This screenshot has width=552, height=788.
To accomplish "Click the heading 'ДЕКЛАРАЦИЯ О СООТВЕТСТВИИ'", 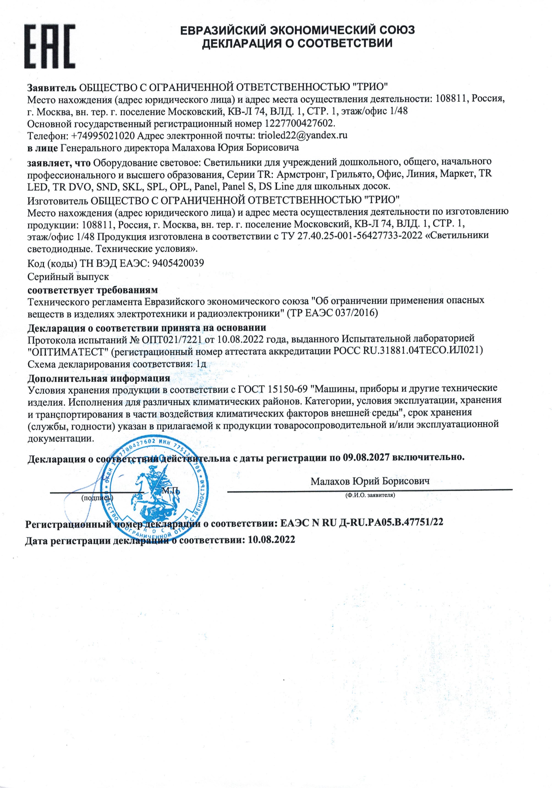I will (297, 43).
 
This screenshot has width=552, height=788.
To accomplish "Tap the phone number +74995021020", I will (103, 136).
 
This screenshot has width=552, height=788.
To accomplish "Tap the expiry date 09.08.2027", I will (366, 457).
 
